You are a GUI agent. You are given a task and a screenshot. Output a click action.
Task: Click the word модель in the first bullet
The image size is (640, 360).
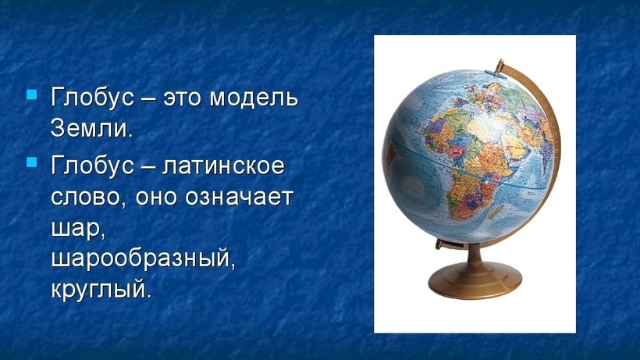254,98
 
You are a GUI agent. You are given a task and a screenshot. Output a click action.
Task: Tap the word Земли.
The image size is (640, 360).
92,128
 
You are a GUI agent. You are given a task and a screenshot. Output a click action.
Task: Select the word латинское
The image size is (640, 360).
223,166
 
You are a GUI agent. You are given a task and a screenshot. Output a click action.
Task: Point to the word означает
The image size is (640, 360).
240,197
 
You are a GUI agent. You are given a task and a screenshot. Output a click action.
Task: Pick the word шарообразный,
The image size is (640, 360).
144,259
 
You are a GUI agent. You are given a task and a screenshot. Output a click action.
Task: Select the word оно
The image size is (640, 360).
156,198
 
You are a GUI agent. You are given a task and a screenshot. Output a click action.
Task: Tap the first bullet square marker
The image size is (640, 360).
32,95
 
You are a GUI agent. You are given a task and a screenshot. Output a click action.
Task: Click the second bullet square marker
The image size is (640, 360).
32,162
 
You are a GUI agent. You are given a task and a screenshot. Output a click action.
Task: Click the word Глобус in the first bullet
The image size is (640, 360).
93,98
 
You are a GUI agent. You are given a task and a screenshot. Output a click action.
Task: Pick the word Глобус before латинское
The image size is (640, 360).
93,166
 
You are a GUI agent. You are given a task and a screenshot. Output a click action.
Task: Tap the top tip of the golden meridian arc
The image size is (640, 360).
501,61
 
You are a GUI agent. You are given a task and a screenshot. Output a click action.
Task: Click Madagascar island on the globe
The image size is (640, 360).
495,211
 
